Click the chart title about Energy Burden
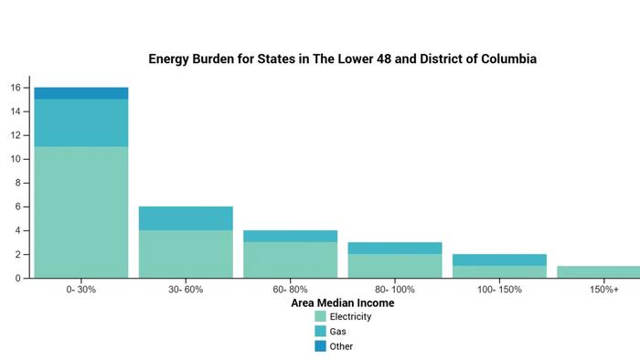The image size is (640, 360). [342, 58]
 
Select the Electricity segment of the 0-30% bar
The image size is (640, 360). [81, 212]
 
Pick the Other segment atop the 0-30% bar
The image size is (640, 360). [81, 93]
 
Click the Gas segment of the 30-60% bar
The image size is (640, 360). [186, 218]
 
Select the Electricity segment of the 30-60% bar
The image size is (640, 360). [186, 254]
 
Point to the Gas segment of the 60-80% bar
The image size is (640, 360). [290, 236]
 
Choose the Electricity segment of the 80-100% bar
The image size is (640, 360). [394, 266]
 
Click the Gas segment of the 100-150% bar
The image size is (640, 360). [498, 259]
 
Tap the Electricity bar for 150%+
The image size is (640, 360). [599, 271]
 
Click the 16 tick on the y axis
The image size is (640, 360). [16, 88]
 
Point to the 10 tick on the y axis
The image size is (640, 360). [16, 159]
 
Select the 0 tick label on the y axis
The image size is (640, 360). [18, 278]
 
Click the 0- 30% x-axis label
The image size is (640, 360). [81, 289]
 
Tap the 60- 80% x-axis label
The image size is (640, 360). [290, 289]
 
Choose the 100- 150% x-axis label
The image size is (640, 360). [498, 289]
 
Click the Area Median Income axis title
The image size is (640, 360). [342, 302]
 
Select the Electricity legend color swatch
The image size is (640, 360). [320, 317]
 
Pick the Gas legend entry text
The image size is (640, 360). [339, 332]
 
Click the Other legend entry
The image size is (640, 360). [341, 346]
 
